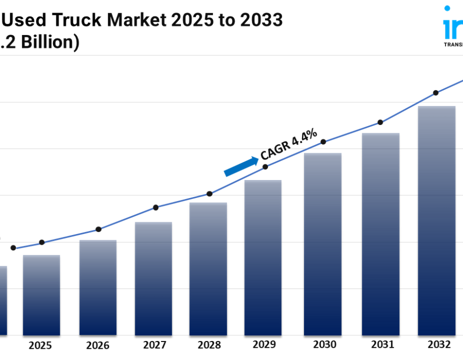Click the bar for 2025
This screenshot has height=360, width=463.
tap(41, 295)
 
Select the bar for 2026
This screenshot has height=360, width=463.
tap(98, 288)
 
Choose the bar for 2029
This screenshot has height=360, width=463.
tap(263, 258)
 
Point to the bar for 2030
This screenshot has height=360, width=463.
tap(323, 244)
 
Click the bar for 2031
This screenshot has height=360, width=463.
tap(381, 235)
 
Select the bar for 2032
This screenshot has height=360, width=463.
tap(437, 221)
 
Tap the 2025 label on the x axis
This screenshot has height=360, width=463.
tap(40, 345)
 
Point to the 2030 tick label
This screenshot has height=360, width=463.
tap(324, 345)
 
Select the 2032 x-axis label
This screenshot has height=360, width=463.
tap(439, 344)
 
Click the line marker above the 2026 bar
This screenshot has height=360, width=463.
tap(99, 229)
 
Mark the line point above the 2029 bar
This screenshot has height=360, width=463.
tap(265, 167)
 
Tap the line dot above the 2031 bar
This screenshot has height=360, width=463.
tap(380, 122)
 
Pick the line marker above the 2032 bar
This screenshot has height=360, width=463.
tap(436, 93)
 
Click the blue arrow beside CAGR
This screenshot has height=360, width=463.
tap(241, 166)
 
